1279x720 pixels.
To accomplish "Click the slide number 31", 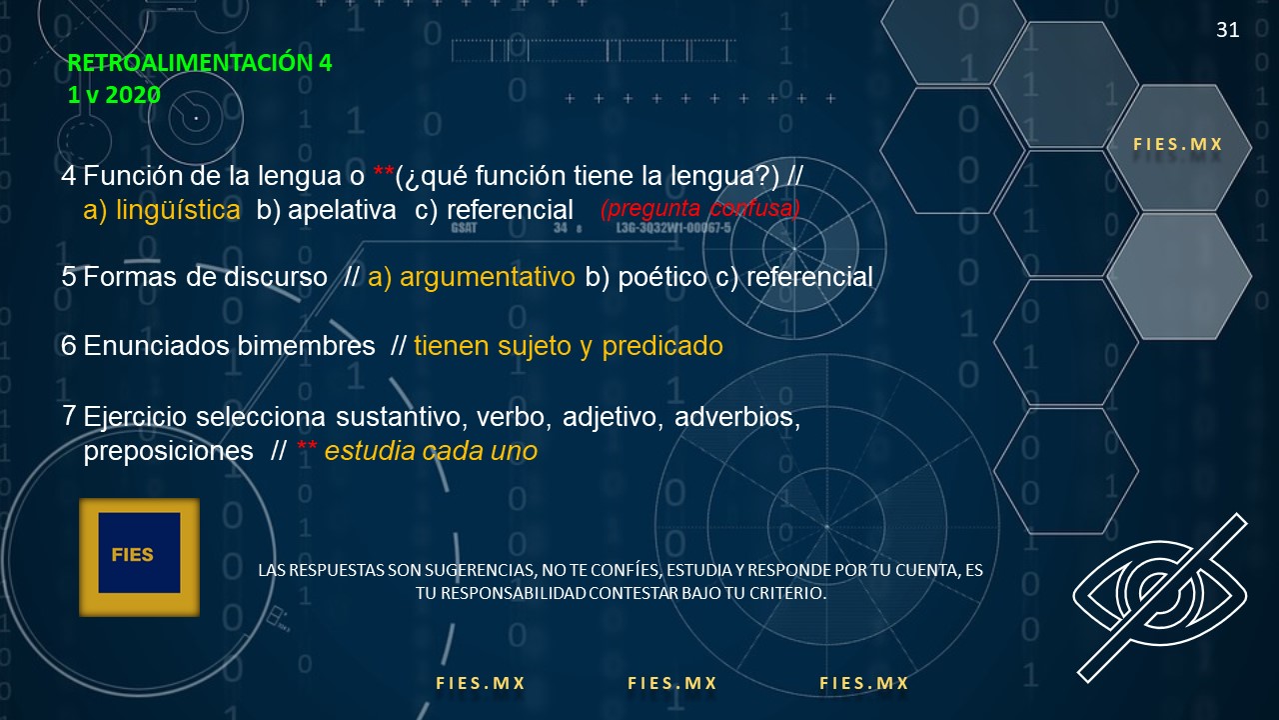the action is pos(1228,30).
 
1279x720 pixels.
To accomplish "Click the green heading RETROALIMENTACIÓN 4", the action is pos(199,62).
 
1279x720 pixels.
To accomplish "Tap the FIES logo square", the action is pos(139,557).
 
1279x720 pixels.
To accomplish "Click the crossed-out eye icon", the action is pos(1161,598).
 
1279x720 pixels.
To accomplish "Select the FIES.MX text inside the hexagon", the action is pos(1177,144).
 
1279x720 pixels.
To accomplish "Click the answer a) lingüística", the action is pos(162,210).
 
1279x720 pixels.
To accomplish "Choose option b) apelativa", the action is pos(326,210).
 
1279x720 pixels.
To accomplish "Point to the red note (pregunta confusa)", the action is pos(700,209).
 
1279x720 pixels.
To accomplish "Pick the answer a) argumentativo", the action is pos(471,277).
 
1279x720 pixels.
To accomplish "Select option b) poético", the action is pos(645,277).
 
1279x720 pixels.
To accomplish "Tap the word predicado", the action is pos(662,346).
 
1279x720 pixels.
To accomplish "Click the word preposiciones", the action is pos(169,451).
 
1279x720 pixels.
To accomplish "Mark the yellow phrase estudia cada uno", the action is pos(431,451).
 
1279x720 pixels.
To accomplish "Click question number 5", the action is pos(69,277).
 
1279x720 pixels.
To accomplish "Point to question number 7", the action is pos(69,416).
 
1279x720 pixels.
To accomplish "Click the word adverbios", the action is pos(737,417).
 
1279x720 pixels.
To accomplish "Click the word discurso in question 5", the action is pos(275,277).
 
